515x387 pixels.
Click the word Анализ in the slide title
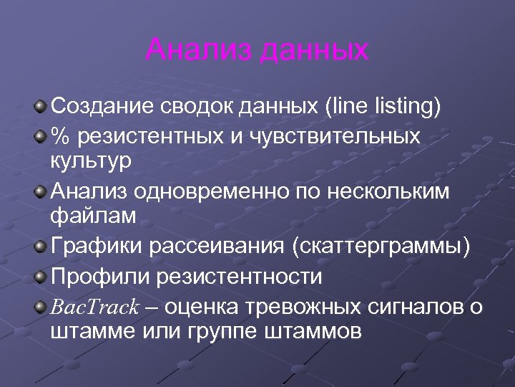pyautogui.click(x=199, y=50)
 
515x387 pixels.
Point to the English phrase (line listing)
pyautogui.click(x=383, y=107)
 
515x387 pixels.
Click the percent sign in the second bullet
pyautogui.click(x=61, y=135)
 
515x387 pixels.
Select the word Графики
pyautogui.click(x=97, y=247)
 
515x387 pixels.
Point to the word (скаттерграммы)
pyautogui.click(x=381, y=247)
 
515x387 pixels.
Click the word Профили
pyautogui.click(x=99, y=276)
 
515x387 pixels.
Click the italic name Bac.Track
pyautogui.click(x=94, y=307)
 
